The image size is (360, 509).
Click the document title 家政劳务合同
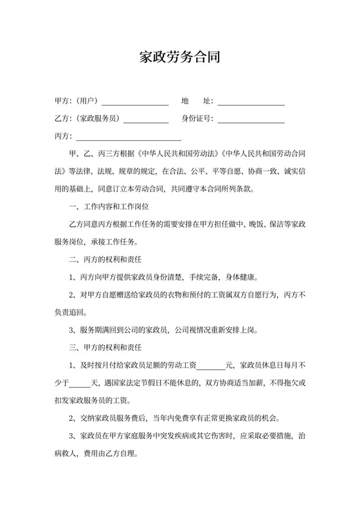click(x=180, y=57)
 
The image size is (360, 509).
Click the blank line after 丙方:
click(x=129, y=138)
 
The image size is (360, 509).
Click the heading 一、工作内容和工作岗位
click(x=109, y=207)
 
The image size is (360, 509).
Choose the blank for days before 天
click(x=80, y=384)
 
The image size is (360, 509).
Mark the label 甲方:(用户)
click(x=76, y=102)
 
